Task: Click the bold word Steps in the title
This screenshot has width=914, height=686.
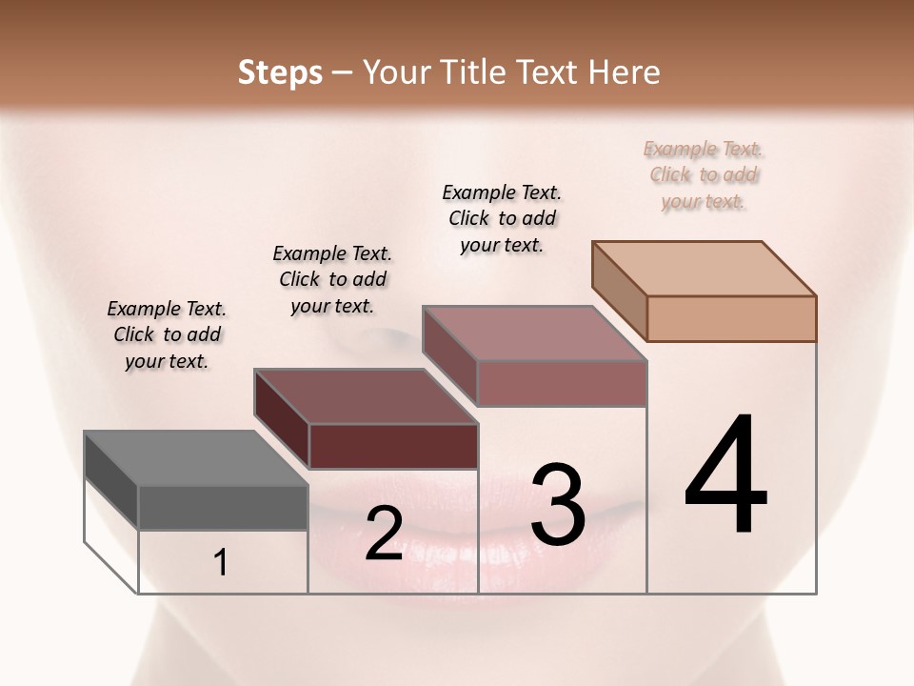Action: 279,72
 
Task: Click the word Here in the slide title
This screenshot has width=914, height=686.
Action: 624,72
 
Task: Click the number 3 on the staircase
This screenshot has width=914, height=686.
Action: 558,505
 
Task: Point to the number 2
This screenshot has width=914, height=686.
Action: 384,534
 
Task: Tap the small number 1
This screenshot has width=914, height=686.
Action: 221,563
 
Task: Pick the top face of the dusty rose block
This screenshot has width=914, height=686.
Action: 534,333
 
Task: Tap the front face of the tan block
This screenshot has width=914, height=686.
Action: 731,318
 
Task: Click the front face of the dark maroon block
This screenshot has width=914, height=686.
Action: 393,446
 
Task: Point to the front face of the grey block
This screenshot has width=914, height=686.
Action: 223,507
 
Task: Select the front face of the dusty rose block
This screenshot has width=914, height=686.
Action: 562,383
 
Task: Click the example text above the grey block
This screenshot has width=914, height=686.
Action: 167,334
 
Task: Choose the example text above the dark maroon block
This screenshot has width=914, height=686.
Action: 332,279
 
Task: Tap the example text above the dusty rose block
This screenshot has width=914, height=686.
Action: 502,218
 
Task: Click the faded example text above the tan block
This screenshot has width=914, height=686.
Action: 704,174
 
